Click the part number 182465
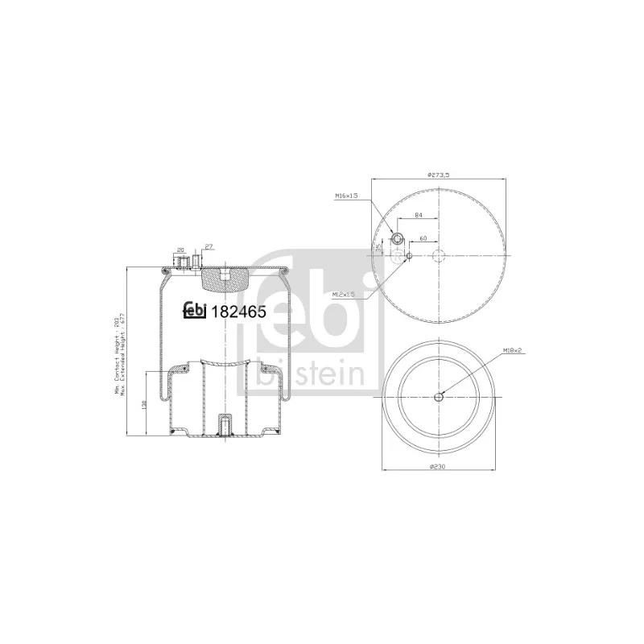click(239, 313)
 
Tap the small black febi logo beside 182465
click(196, 311)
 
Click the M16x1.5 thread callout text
click(345, 196)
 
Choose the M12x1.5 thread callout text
click(345, 295)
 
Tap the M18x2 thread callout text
click(512, 351)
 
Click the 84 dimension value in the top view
click(418, 215)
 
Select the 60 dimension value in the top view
click(422, 239)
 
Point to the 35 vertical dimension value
click(378, 247)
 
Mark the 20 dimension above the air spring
click(180, 249)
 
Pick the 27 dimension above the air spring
click(208, 246)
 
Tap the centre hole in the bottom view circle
click(438, 397)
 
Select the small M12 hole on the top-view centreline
click(409, 256)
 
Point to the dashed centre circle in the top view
click(438, 256)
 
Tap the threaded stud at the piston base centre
click(225, 423)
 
